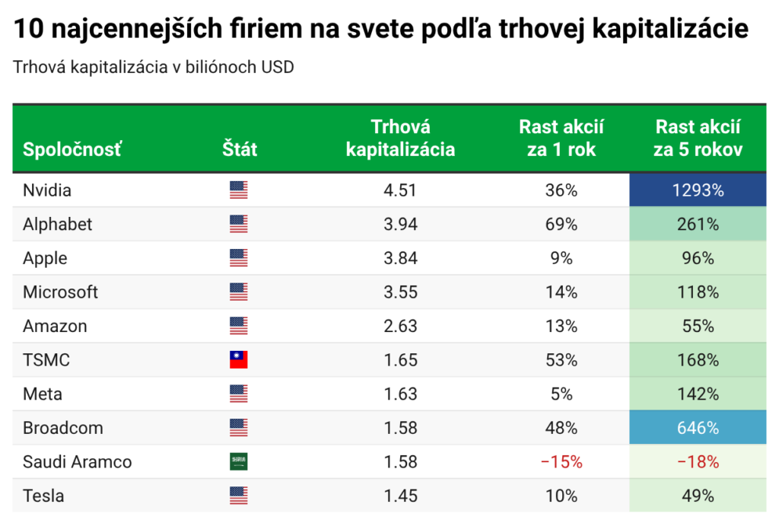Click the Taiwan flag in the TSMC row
tap(239, 360)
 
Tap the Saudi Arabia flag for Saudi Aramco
tap(239, 462)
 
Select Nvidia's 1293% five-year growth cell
tap(698, 190)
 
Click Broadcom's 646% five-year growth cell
tap(698, 428)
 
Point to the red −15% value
tap(561, 462)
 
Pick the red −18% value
tap(698, 462)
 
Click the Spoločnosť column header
tap(72, 149)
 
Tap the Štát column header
tap(240, 149)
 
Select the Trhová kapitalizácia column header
tap(400, 139)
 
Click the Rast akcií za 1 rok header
tap(561, 139)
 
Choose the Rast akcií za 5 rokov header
tap(698, 139)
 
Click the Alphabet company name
tap(58, 225)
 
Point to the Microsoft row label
tap(61, 292)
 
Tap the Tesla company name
tap(43, 496)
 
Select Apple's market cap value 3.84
tap(400, 258)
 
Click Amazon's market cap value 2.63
tap(400, 327)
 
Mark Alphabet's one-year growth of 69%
tap(561, 225)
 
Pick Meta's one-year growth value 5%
tap(561, 394)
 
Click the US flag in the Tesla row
tap(239, 496)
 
